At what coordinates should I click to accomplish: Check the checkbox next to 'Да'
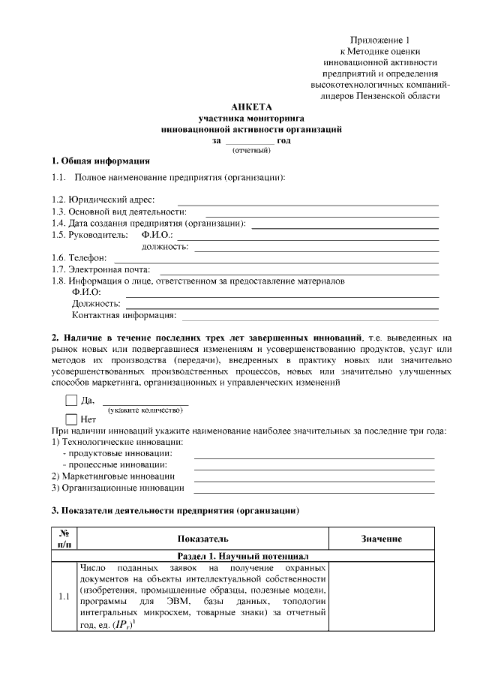click(x=71, y=401)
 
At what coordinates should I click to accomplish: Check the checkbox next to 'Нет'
click(x=71, y=419)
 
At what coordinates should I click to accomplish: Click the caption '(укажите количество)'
click(x=145, y=410)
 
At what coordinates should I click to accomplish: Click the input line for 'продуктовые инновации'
click(x=314, y=455)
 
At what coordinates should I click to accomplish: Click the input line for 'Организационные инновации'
click(x=314, y=488)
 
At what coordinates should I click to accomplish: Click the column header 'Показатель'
click(x=202, y=539)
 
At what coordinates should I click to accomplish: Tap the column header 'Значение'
click(x=382, y=539)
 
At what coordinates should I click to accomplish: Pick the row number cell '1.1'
click(x=64, y=598)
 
